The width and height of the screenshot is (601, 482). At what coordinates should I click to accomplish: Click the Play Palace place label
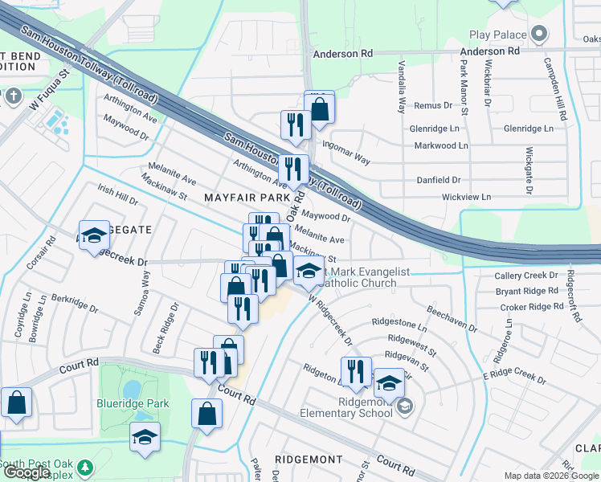pos(498,35)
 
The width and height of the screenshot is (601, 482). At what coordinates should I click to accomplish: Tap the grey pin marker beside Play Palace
pos(539,35)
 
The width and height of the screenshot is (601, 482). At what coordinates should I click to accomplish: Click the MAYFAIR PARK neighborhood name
pos(246,197)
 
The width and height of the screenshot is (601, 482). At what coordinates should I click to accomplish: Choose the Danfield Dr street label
pos(439,181)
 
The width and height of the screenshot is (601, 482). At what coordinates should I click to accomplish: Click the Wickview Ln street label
pos(466,197)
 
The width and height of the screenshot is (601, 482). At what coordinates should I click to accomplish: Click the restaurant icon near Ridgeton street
pos(356,371)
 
